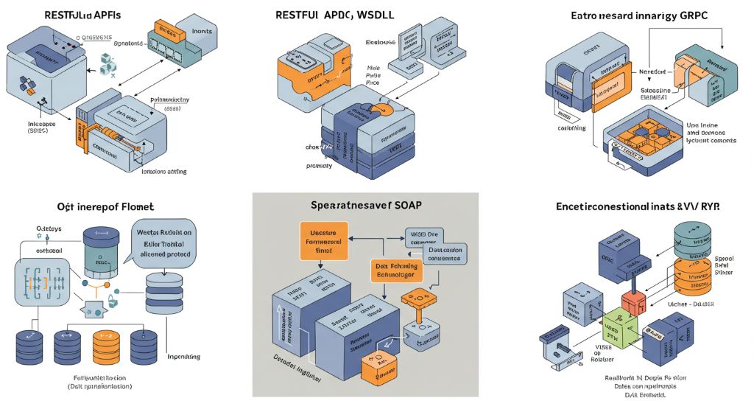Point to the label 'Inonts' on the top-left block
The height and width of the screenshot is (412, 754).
point(202,32)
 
